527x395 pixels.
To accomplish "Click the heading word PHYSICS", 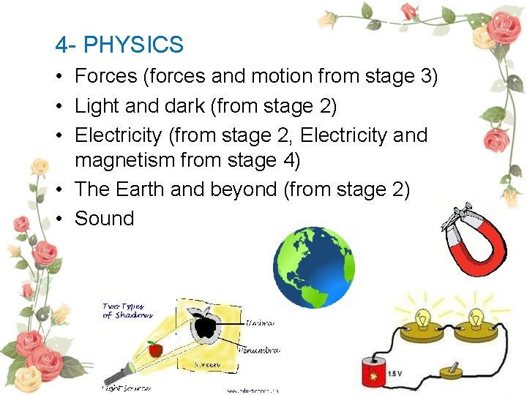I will (133, 45).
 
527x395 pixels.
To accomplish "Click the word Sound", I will (105, 219).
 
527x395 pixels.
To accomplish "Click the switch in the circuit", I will (452, 370).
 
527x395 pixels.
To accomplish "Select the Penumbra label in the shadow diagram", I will (258, 350).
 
